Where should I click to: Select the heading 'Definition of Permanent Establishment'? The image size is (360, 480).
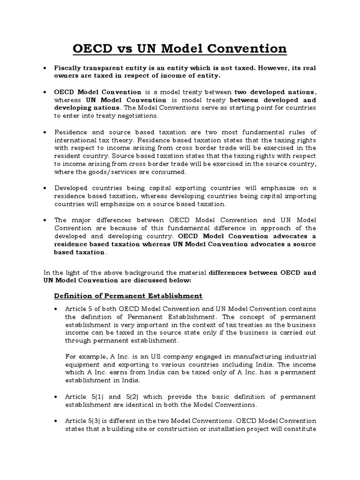[x=128, y=296]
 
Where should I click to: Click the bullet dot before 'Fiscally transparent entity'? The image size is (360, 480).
[x=44, y=68]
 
